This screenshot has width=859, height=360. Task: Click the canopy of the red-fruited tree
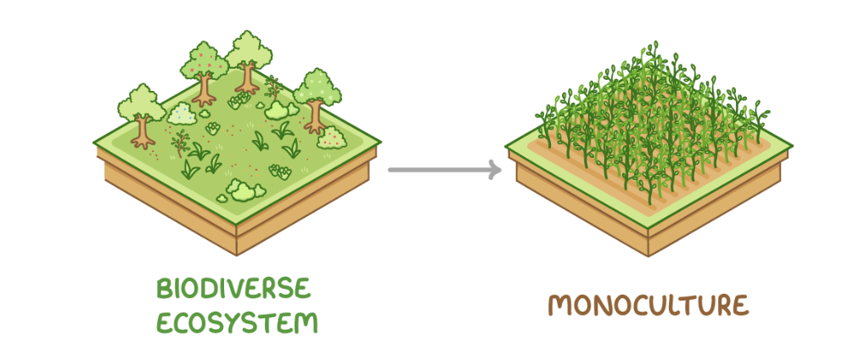tap(204, 61)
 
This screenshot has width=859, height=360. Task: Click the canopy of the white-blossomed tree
tap(317, 85)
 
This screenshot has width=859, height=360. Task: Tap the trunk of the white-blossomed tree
tap(315, 117)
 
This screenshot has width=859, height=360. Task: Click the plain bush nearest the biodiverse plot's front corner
tap(241, 189)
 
